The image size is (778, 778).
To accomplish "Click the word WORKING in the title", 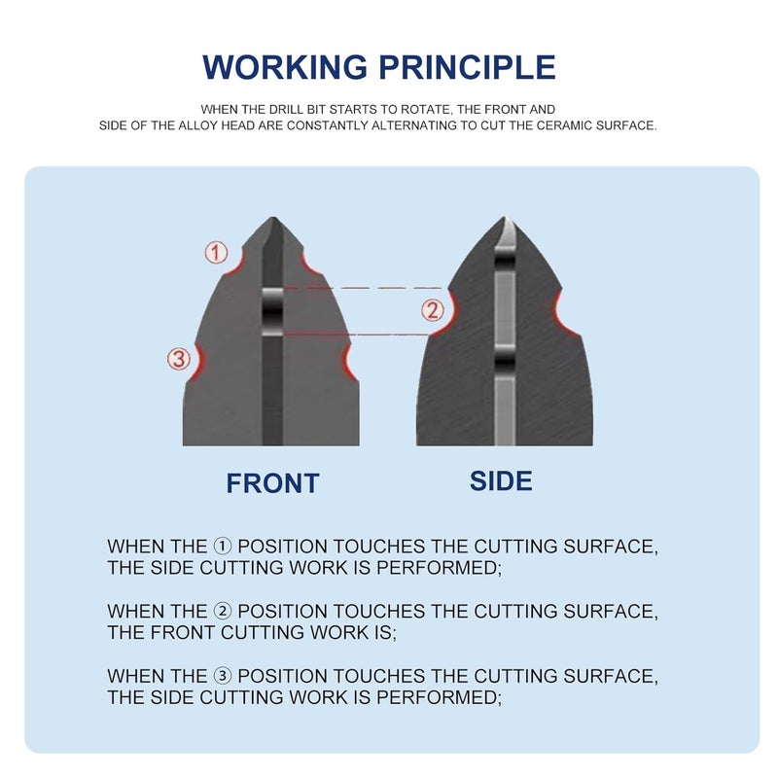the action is pos(285,67).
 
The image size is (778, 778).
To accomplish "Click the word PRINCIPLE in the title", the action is pos(468,67).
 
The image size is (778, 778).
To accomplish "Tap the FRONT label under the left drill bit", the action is pos(272,483).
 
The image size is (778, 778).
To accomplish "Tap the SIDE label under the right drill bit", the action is pos(501,480).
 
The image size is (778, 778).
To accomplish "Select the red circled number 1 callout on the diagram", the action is pos(216,253).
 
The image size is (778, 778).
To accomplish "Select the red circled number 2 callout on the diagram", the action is pos(433,310).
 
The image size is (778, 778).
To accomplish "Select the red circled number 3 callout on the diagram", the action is pos(179,359).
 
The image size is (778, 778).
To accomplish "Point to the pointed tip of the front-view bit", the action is pos(273,217).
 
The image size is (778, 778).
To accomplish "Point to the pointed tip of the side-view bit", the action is pos(505,217).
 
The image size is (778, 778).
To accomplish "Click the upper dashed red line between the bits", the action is pos(362,288).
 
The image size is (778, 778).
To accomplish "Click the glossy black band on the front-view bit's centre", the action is pos(272,312).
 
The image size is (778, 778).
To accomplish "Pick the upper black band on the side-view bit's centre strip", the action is pos(505,261).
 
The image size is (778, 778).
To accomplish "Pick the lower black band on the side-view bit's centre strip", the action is pos(505,363).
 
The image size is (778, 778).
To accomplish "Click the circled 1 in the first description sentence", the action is pos(223,547).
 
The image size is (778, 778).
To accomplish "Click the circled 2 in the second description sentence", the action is pos(223,611).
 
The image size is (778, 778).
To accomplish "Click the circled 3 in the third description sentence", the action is pos(223,676).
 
